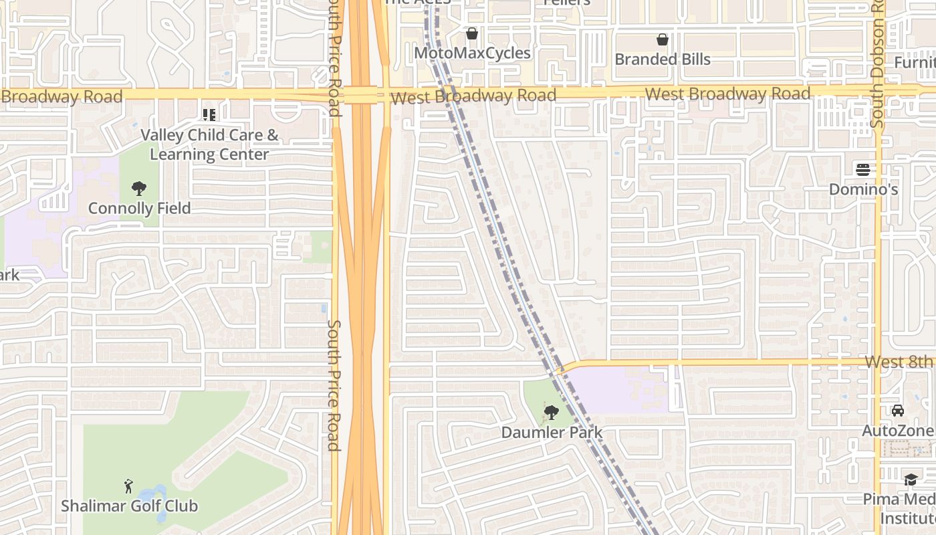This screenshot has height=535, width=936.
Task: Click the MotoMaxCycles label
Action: tap(472, 53)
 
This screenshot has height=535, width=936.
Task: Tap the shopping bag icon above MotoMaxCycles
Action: tap(472, 33)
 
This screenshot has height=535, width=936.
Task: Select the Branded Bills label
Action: tap(662, 59)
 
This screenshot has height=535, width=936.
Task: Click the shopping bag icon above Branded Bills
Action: tap(662, 39)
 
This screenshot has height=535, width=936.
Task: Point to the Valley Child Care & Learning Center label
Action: tap(209, 144)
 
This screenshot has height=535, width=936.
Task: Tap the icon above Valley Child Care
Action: tap(209, 115)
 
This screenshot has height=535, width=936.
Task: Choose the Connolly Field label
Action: tap(139, 208)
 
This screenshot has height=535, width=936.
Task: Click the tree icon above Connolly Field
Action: tap(139, 188)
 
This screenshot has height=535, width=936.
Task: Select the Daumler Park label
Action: tap(552, 432)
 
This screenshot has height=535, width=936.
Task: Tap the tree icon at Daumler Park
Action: tap(552, 412)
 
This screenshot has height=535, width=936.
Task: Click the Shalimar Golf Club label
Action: tap(130, 506)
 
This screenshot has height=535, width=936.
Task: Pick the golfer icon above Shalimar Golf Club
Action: tap(129, 486)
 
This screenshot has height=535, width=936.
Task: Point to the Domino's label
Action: tap(863, 189)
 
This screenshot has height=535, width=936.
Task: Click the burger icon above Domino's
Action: tap(863, 169)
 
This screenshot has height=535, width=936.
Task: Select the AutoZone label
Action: tap(897, 431)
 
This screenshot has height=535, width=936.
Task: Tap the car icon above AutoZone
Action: tap(897, 411)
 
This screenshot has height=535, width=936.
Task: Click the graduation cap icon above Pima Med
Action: tap(910, 479)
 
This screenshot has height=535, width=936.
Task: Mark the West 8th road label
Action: tap(898, 362)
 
